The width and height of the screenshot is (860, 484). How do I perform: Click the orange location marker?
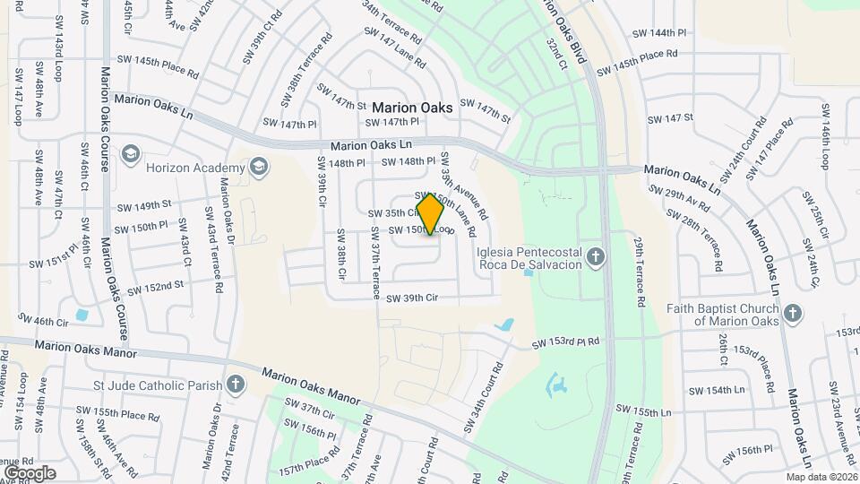point(431,213)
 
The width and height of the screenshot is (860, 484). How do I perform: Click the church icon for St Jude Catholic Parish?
point(236,385)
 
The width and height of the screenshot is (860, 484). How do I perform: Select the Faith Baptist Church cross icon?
point(791,313)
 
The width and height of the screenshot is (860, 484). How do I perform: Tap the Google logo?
point(30,472)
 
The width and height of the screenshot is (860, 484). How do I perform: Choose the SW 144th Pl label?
point(658,32)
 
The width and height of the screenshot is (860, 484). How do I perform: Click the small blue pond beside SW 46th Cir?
point(83,315)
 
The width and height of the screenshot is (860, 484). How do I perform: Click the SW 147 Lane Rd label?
point(394,44)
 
